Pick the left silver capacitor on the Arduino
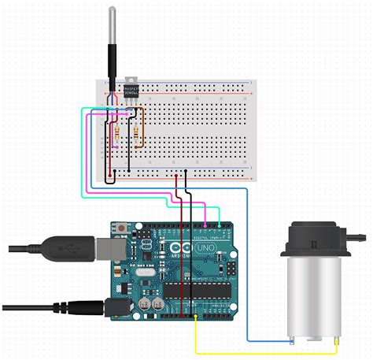pyautogui.click(x=146, y=302)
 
